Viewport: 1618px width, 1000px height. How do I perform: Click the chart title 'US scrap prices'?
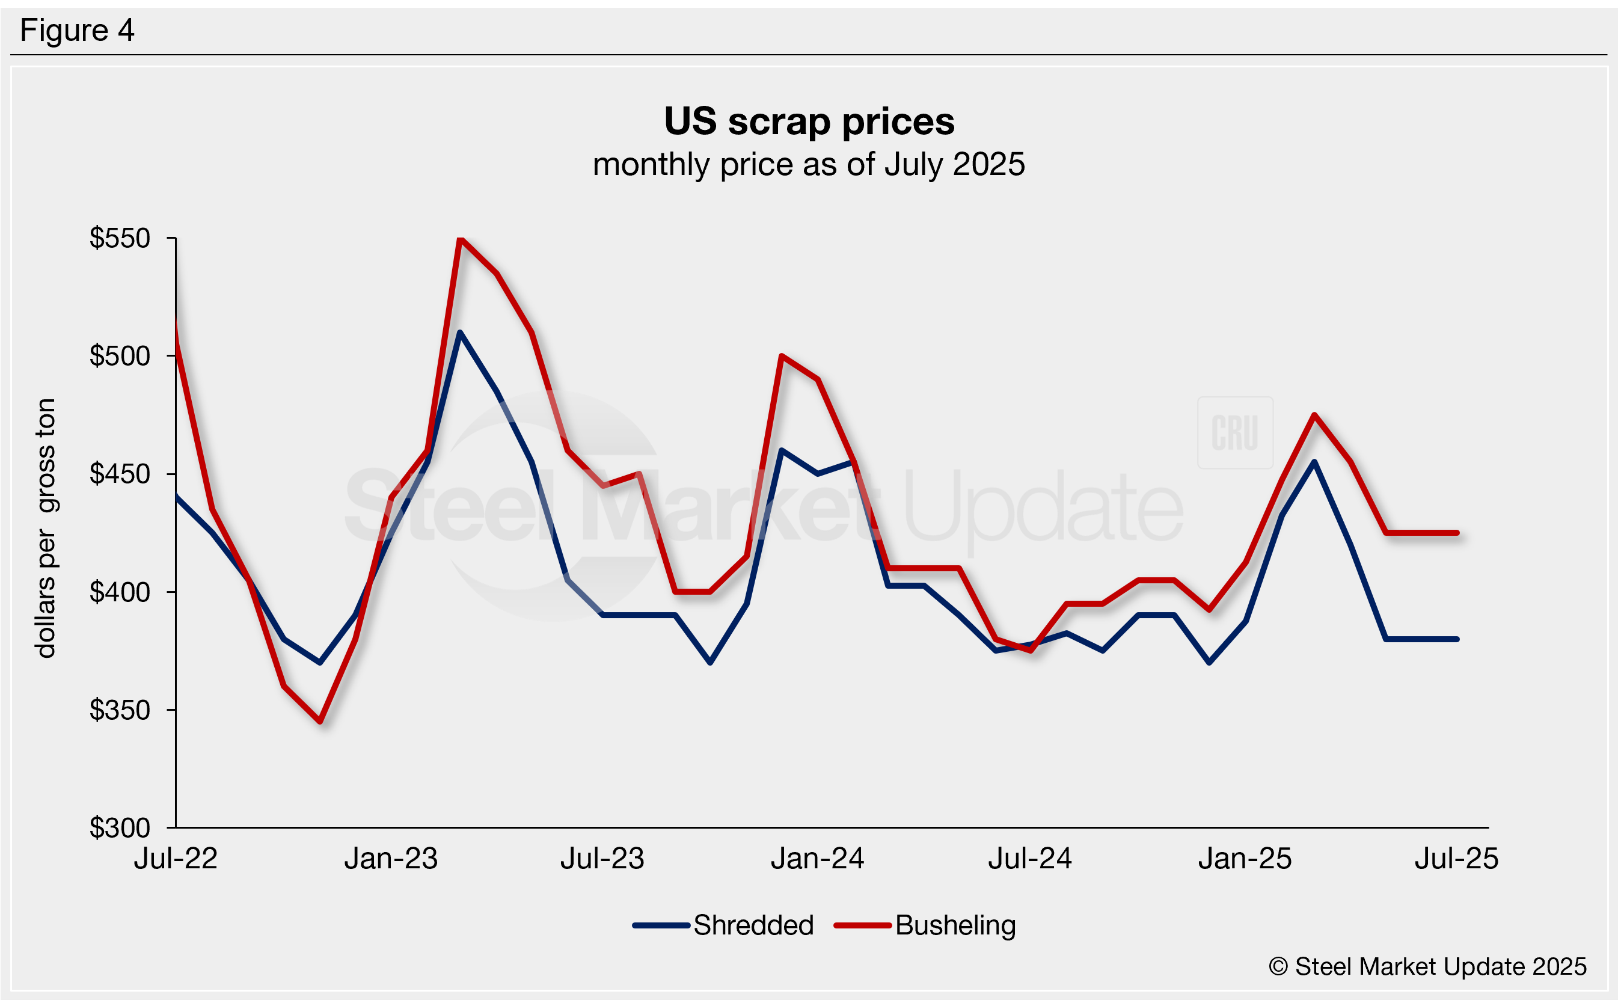coord(809,121)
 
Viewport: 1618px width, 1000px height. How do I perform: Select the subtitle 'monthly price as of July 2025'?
coord(809,164)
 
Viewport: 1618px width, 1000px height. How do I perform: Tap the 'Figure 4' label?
coord(77,31)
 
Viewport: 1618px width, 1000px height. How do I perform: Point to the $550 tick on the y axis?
coord(120,238)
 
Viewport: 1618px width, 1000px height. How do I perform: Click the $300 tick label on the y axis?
coord(120,827)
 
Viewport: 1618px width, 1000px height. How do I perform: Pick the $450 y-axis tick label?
coord(120,474)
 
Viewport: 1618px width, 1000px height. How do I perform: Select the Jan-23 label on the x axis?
coord(391,859)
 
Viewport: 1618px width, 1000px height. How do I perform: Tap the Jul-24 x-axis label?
coord(1029,859)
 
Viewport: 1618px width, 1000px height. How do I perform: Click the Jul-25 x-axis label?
coord(1456,859)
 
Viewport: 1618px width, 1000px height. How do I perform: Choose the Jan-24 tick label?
coord(817,859)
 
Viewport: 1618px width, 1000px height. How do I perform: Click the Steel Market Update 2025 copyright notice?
coord(1427,966)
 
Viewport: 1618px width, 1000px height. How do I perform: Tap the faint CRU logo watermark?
coord(1234,432)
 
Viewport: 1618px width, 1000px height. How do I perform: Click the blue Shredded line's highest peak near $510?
coord(459,333)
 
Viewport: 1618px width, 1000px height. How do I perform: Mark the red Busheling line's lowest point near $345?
coord(320,721)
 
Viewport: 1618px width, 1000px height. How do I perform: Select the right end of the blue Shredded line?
coord(1457,639)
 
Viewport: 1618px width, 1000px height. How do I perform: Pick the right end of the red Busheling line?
coord(1457,532)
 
